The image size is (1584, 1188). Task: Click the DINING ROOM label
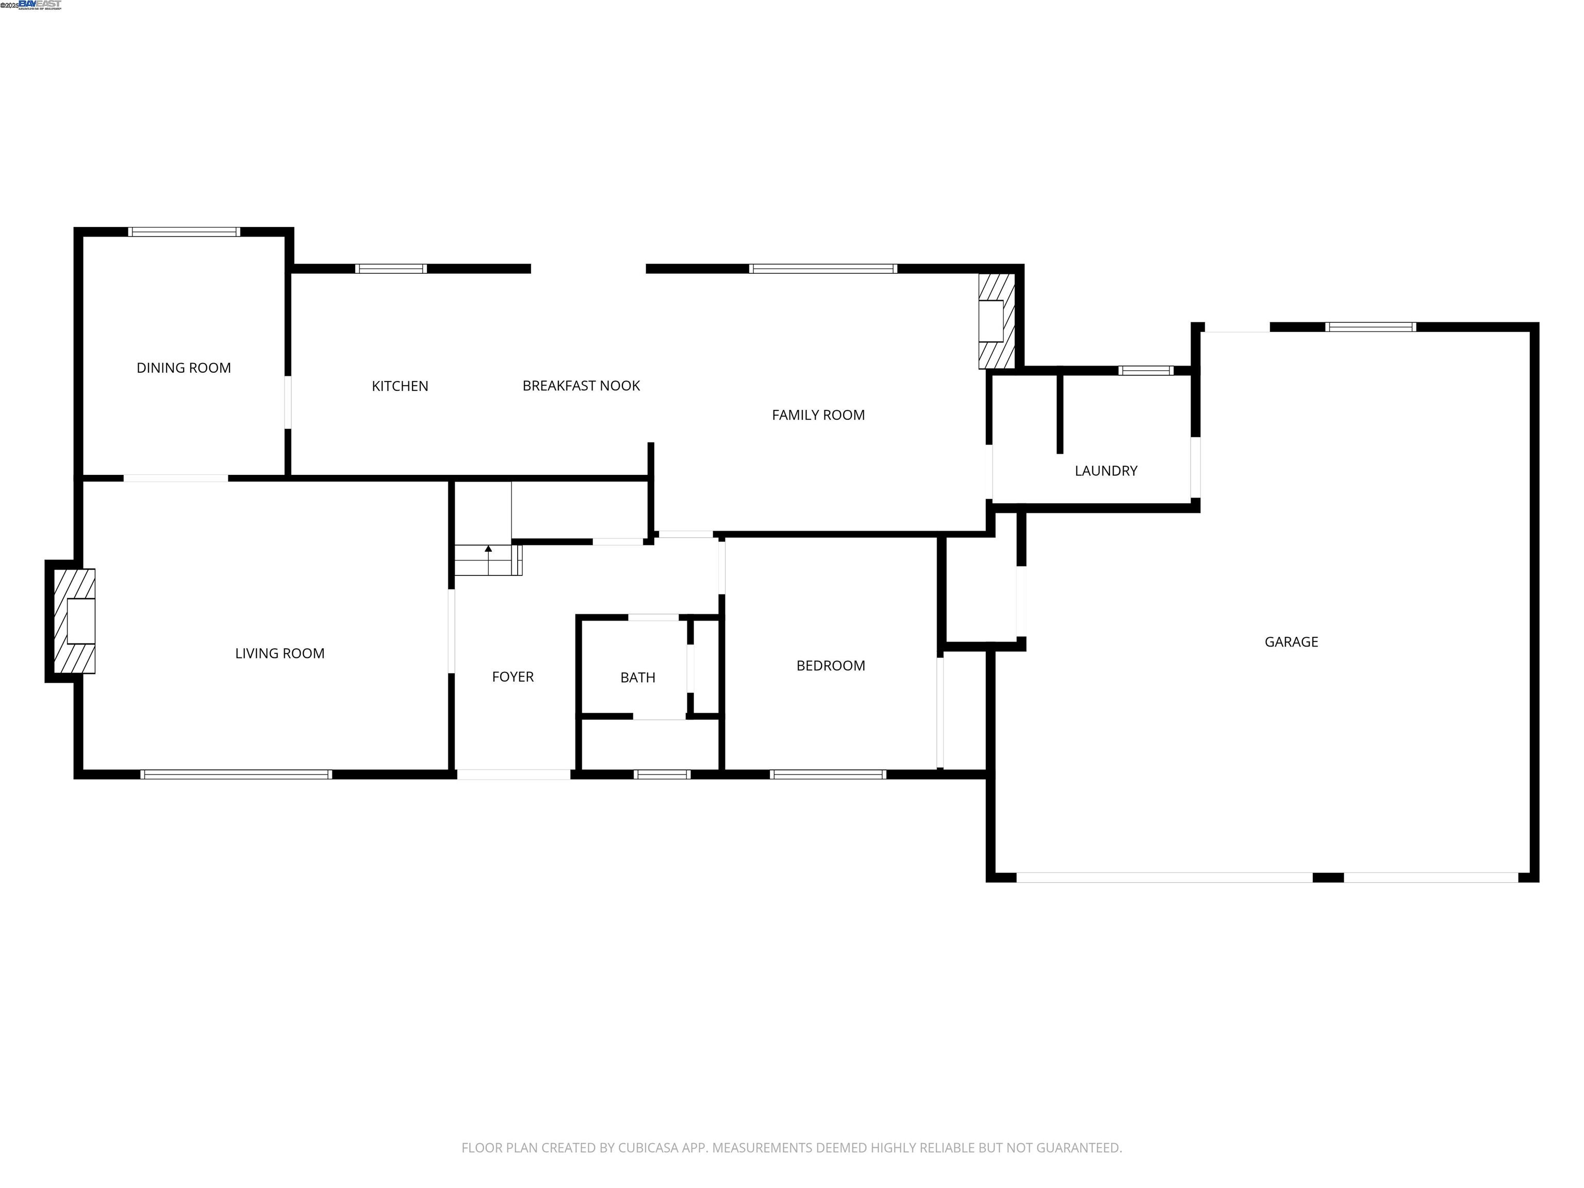184,368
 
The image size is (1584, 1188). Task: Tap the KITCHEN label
400,386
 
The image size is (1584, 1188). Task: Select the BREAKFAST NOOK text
581,386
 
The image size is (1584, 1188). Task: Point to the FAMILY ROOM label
818,415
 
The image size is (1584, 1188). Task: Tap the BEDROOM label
831,666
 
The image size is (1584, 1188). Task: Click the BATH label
637,678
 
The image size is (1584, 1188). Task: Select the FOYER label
513,676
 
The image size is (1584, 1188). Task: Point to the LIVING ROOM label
279,653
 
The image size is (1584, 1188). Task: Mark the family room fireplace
996,320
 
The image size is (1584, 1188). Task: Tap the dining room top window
184,232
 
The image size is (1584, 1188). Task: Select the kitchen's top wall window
391,269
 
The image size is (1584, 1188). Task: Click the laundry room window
1146,371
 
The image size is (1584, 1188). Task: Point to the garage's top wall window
1371,327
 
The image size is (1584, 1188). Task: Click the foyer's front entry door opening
514,774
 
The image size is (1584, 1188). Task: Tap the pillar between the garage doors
1328,877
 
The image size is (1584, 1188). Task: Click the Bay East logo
40,5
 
